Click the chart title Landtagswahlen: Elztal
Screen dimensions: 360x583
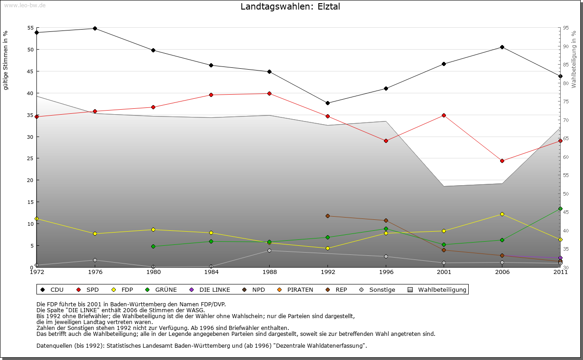pyautogui.click(x=290, y=7)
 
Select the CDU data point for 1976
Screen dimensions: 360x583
pyautogui.click(x=95, y=28)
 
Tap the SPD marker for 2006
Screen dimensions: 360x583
pyautogui.click(x=502, y=161)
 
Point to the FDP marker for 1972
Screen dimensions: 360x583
pyautogui.click(x=36, y=218)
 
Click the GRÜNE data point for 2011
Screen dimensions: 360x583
pyautogui.click(x=560, y=208)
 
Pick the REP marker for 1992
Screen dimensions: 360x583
pyautogui.click(x=327, y=216)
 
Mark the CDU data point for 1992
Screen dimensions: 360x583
pyautogui.click(x=327, y=103)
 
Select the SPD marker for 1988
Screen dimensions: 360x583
pyautogui.click(x=269, y=93)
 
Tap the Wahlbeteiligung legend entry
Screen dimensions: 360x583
pyautogui.click(x=437, y=289)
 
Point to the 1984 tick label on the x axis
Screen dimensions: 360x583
pyautogui.click(x=211, y=272)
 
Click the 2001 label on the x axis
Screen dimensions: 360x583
pyautogui.click(x=444, y=272)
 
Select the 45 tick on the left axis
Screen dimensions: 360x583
pyautogui.click(x=31, y=71)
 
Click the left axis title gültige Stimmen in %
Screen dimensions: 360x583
pyautogui.click(x=6, y=60)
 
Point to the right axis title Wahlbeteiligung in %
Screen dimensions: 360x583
pyautogui.click(x=574, y=59)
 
